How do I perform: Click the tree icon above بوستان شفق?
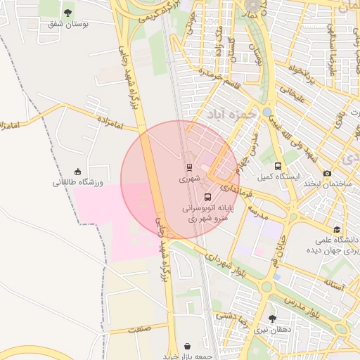coord(67,13)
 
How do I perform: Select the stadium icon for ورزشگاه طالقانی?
coord(77,172)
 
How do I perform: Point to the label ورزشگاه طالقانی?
coord(77,183)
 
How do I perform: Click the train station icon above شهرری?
coord(188,167)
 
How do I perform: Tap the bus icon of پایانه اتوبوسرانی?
coord(207,198)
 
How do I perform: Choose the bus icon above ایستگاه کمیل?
coord(278,167)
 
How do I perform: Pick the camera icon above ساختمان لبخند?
coord(328,173)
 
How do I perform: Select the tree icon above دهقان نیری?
coord(273,319)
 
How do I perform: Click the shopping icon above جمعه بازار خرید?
coord(188,347)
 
